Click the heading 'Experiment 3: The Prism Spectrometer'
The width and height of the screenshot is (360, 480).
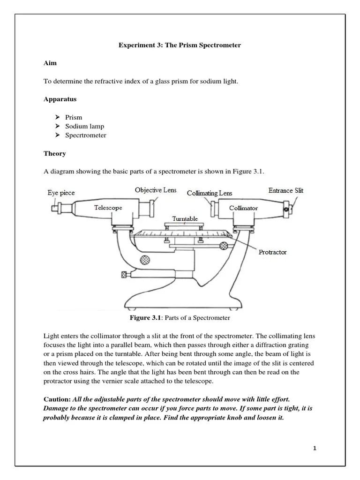click(180, 45)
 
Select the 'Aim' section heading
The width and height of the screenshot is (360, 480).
click(50, 63)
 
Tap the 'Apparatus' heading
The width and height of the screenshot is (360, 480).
click(60, 99)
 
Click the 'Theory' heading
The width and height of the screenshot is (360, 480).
click(55, 153)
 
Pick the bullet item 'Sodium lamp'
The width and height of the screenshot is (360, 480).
click(85, 127)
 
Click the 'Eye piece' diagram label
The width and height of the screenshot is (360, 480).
click(61, 193)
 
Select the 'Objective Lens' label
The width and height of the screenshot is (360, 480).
click(156, 190)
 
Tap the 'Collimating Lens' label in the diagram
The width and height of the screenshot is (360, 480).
click(209, 194)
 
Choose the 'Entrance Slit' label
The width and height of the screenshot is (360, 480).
click(285, 191)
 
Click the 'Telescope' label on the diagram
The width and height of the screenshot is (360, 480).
click(108, 207)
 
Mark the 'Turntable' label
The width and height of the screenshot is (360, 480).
click(185, 218)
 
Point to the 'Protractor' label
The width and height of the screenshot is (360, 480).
click(273, 252)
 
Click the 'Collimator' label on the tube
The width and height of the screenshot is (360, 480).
click(243, 208)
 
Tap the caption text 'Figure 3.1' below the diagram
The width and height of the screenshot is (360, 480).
click(145, 318)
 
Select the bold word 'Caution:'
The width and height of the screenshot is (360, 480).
click(57, 399)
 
